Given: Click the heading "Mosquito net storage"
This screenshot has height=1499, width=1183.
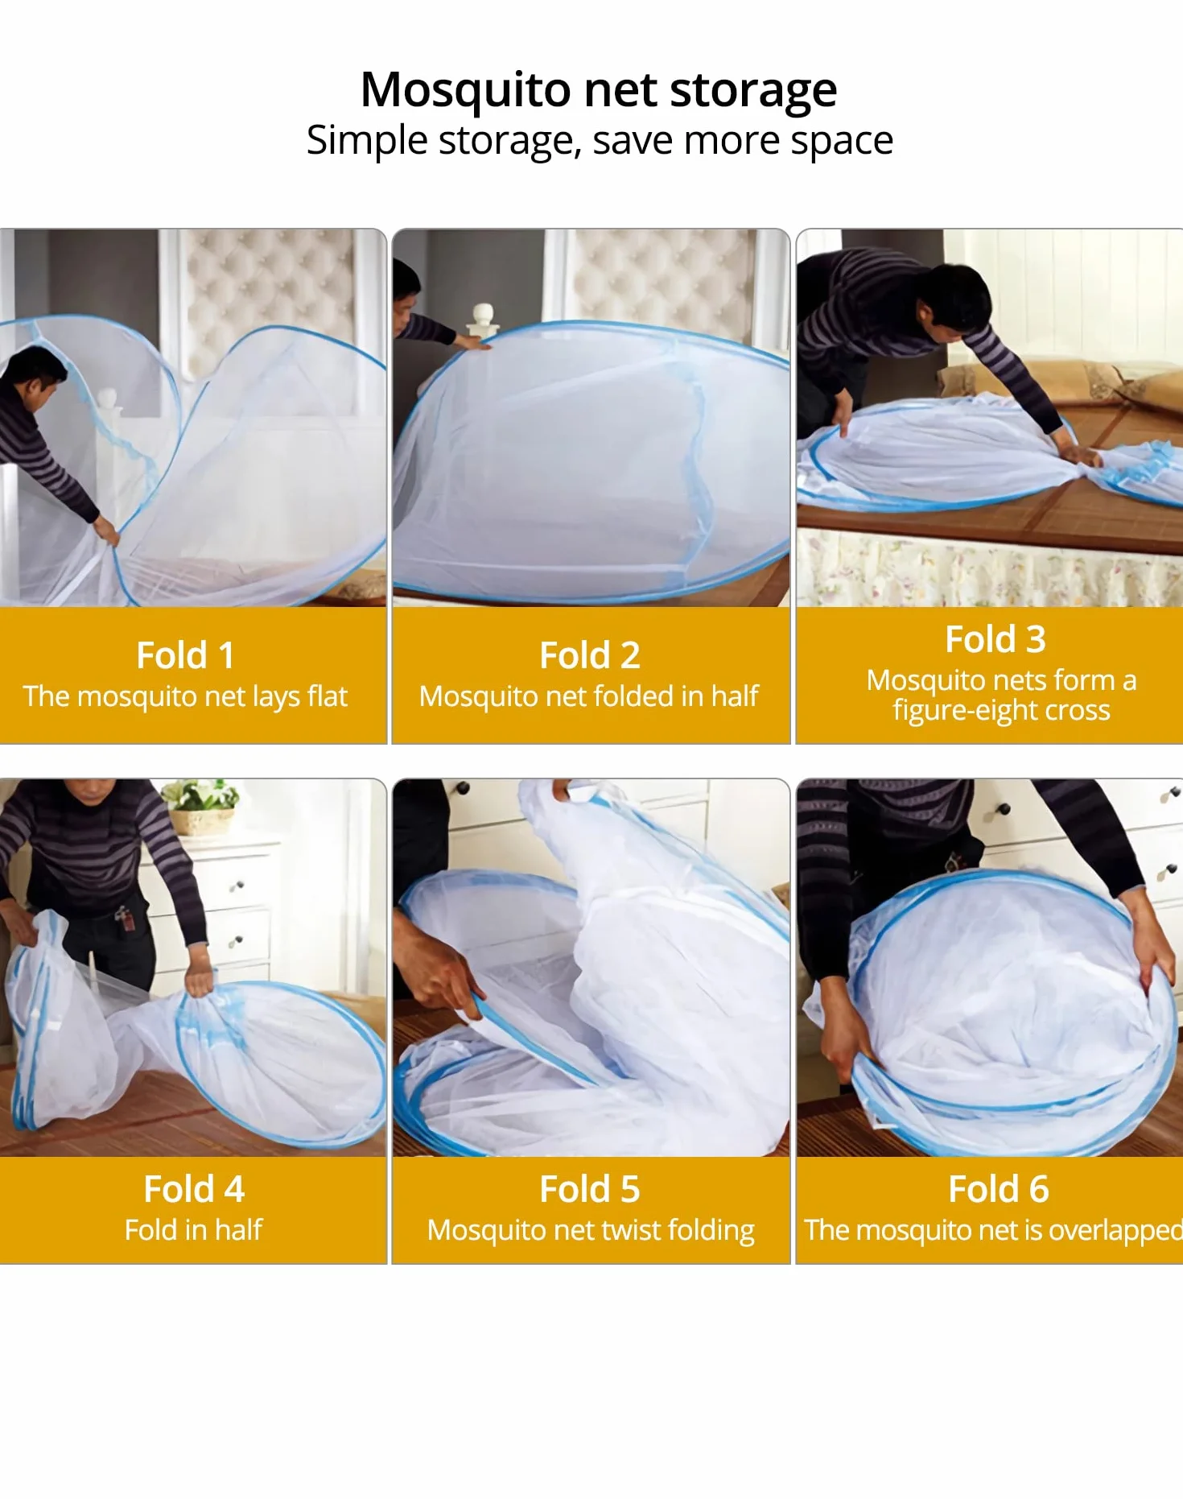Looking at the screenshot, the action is (599, 89).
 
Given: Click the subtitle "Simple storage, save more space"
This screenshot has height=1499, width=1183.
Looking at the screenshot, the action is (600, 141).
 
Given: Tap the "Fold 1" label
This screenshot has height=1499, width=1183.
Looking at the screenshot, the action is (185, 655).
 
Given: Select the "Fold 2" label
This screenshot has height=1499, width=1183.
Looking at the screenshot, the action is (590, 655).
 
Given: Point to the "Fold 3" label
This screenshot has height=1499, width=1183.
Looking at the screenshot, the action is (995, 639).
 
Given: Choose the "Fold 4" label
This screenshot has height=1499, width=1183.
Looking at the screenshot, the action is (194, 1189).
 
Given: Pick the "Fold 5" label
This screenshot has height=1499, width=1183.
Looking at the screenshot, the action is (590, 1189).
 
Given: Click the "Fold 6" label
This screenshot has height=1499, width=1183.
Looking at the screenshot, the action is (999, 1189).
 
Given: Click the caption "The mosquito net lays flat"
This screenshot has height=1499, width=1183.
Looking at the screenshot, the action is (185, 696).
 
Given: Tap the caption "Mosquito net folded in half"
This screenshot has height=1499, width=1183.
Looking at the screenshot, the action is (589, 696).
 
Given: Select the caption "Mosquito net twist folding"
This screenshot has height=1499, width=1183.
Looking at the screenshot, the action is (591, 1230).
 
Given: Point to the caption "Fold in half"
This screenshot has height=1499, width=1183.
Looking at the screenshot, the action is (194, 1230).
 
